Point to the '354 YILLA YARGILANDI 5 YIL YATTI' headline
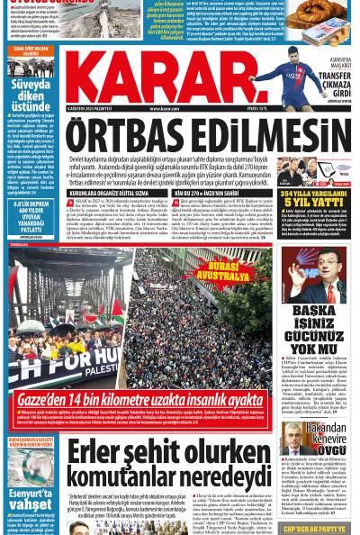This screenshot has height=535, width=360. pos(319,197)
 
